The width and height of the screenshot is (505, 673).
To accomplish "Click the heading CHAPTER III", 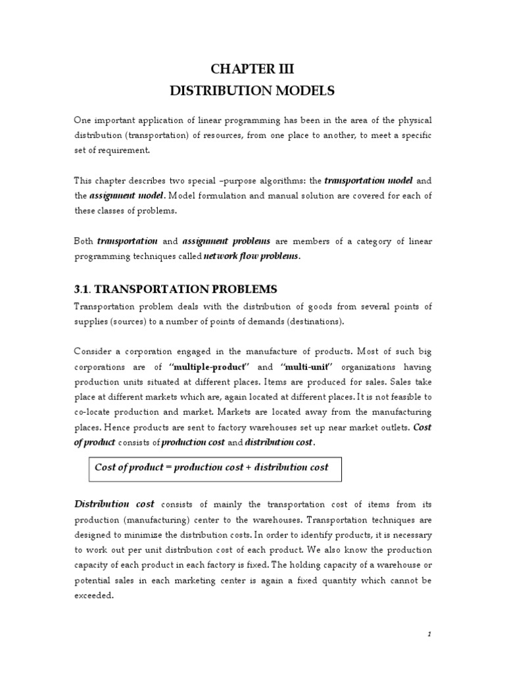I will click(253, 71).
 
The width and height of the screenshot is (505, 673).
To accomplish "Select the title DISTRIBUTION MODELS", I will click(253, 91).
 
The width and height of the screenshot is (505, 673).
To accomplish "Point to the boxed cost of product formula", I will click(212, 467).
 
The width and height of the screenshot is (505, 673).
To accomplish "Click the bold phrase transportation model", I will click(368, 181).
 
